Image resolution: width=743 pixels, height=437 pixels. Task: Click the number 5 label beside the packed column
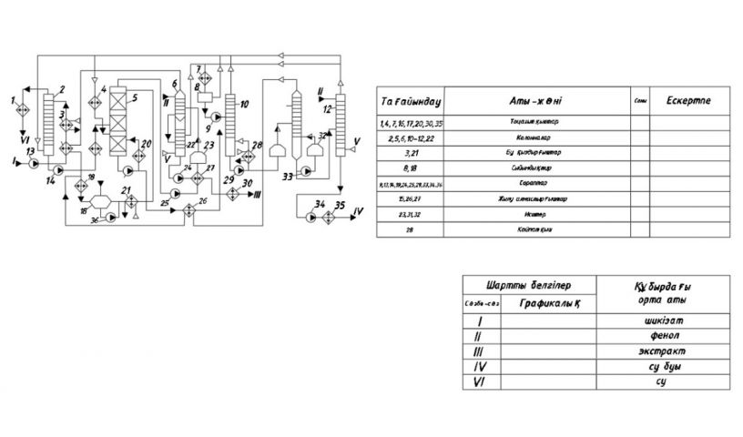click(134, 96)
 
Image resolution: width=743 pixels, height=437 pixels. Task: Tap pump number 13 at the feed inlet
click(35, 165)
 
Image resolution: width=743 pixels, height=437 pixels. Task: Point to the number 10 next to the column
click(244, 105)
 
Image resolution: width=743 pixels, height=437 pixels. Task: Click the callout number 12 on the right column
click(326, 110)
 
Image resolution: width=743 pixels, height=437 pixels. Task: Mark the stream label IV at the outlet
click(359, 210)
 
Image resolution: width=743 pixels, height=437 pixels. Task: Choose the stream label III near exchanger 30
click(258, 195)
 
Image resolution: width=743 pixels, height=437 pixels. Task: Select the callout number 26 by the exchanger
click(203, 198)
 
